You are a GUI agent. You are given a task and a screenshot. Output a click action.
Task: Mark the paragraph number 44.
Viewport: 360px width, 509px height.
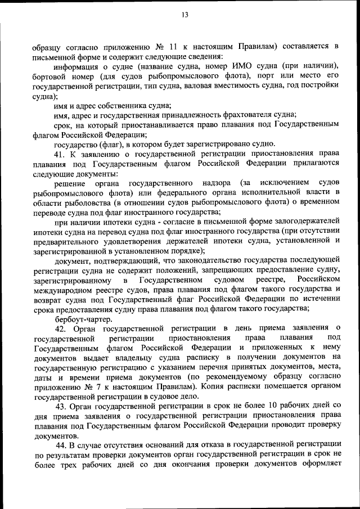pos(60,445)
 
